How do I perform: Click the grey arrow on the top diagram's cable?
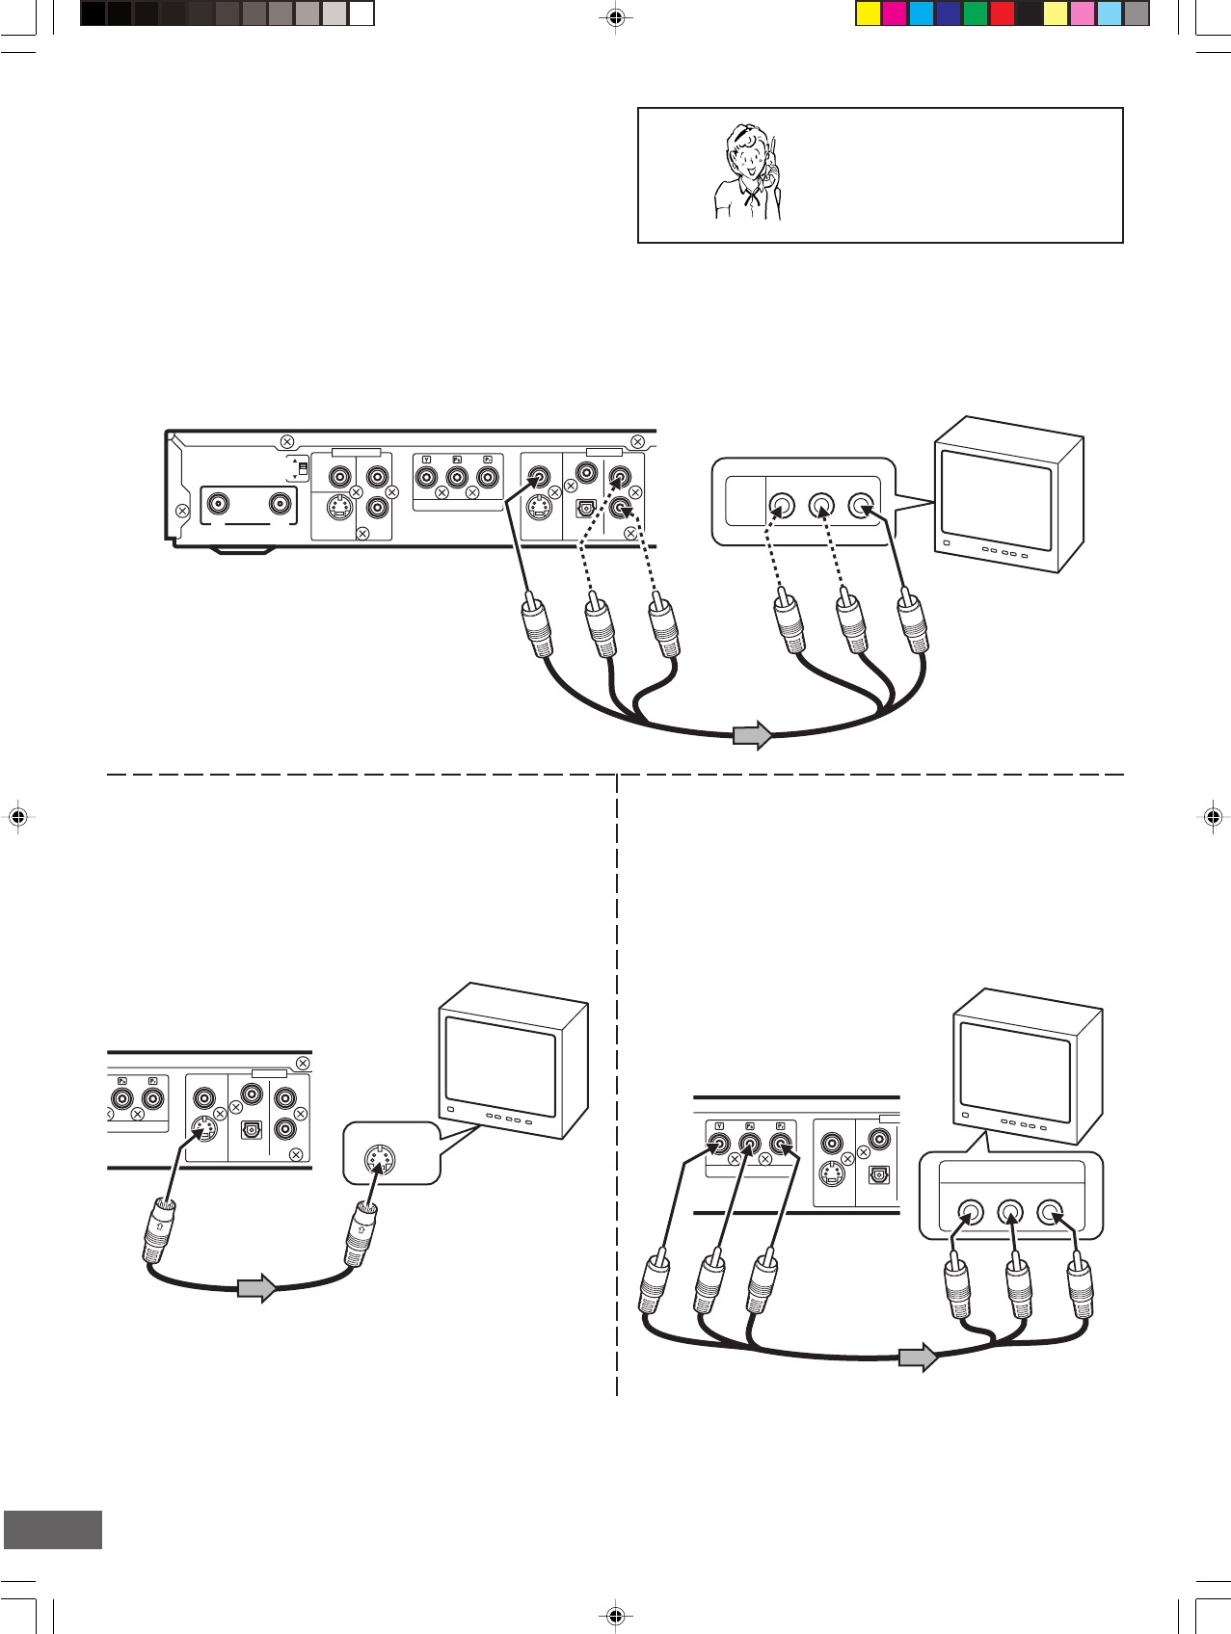(753, 735)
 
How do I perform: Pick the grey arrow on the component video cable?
(919, 1357)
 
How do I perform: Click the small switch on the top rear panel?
(303, 469)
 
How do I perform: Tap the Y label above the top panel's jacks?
(426, 460)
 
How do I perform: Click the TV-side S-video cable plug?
(361, 1235)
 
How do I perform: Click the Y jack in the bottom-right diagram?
(718, 1146)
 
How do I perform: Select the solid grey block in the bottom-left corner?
(53, 1530)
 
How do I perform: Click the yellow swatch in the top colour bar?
(868, 13)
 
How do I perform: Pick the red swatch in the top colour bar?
(1003, 13)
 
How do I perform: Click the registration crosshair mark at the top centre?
(615, 16)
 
